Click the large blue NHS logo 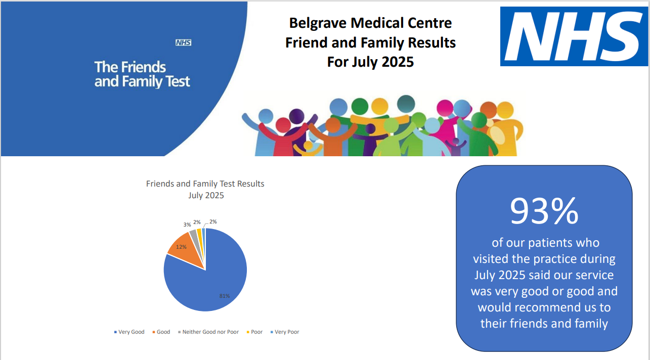point(574,36)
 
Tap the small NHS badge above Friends point(183,43)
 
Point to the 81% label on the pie point(225,296)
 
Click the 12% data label point(181,247)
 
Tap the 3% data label point(187,224)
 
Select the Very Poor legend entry point(287,332)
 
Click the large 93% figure point(544,211)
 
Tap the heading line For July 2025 point(370,62)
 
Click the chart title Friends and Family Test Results point(205,184)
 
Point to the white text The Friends point(130,67)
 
